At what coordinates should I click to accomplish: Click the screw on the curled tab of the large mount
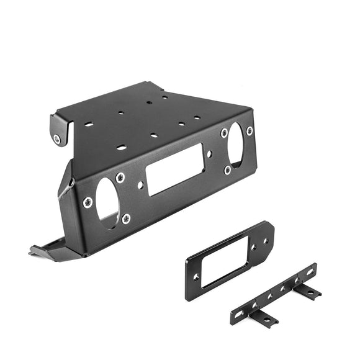click(58, 139)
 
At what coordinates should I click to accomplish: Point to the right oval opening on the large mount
click(235, 143)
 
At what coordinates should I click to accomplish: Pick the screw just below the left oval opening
click(126, 218)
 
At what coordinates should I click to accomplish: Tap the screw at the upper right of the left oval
click(120, 178)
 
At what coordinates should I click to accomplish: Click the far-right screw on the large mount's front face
click(250, 131)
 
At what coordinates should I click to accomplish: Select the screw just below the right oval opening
click(228, 169)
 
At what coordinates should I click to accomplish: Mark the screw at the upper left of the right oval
click(223, 133)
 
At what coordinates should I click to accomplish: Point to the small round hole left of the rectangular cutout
click(140, 184)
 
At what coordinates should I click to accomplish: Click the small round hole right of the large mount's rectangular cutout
click(210, 153)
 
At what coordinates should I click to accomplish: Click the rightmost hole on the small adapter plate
click(266, 240)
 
